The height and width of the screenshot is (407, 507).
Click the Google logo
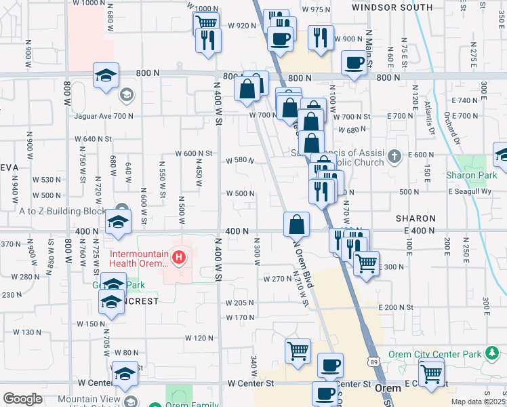(x=22, y=399)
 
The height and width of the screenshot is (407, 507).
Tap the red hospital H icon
(x=179, y=257)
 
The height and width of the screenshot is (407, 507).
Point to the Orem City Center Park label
(x=443, y=354)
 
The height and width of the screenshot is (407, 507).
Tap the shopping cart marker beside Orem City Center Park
(x=431, y=373)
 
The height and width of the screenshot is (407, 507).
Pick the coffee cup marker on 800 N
(x=354, y=64)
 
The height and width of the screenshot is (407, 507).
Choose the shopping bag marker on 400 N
(x=296, y=225)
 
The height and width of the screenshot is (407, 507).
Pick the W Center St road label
(x=249, y=383)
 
